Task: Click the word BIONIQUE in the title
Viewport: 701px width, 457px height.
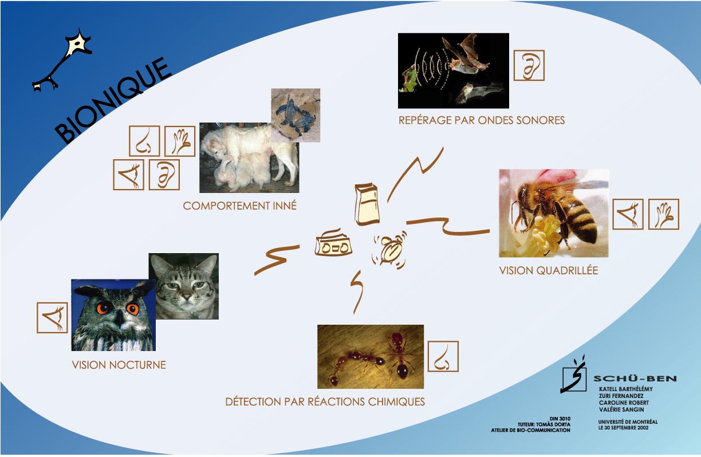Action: [x=113, y=100]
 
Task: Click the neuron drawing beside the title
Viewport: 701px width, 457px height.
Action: [x=62, y=60]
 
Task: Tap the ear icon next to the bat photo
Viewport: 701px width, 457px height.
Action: [x=529, y=65]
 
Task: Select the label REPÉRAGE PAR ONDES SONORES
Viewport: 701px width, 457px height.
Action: [x=482, y=120]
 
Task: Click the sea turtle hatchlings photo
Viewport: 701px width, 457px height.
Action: [x=296, y=115]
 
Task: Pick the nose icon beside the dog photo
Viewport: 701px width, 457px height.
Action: [x=144, y=141]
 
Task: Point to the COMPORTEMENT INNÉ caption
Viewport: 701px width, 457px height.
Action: [x=240, y=206]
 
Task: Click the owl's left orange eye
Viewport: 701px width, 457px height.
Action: [x=103, y=308]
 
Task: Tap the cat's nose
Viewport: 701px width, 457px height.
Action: [x=186, y=297]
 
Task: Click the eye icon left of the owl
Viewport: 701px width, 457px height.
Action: [x=52, y=317]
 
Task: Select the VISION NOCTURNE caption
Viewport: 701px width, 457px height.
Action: [x=119, y=365]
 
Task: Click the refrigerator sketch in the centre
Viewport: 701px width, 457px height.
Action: [x=367, y=204]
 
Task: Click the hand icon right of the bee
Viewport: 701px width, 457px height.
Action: [x=663, y=214]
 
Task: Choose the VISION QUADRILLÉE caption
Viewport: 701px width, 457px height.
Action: [x=549, y=270]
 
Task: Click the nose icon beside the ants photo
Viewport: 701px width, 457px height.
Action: [x=443, y=356]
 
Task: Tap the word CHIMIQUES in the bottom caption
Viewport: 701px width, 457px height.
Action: [x=396, y=401]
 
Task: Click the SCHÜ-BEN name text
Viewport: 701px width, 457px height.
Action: [x=635, y=379]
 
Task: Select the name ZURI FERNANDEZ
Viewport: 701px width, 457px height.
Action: [x=621, y=396]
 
